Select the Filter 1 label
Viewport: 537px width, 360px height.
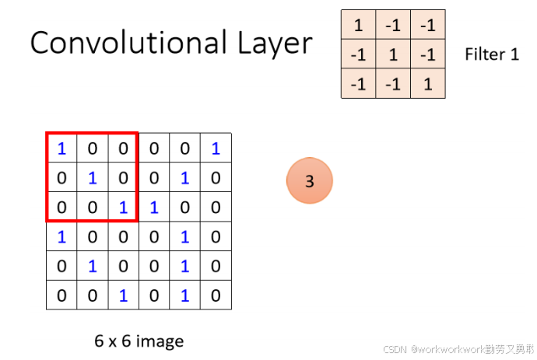click(x=491, y=54)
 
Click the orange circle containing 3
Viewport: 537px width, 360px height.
click(x=309, y=181)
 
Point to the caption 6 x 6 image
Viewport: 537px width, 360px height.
click(x=139, y=341)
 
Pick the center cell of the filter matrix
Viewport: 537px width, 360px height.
click(x=394, y=54)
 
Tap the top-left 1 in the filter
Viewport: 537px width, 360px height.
click(x=358, y=25)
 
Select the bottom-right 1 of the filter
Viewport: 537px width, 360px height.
click(x=428, y=83)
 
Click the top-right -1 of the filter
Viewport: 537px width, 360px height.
click(x=428, y=25)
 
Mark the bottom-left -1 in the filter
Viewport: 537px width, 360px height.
click(x=358, y=83)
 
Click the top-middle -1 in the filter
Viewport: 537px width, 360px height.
click(x=394, y=25)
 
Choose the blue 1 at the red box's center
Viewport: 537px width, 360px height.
click(x=92, y=178)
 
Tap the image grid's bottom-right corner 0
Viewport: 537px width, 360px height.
click(x=216, y=295)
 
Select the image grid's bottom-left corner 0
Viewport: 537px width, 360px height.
click(x=61, y=295)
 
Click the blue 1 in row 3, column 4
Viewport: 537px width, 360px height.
click(x=154, y=208)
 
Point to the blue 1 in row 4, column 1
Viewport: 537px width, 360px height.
click(x=61, y=237)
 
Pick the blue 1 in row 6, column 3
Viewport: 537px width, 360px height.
click(x=123, y=295)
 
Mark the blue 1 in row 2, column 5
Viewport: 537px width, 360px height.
click(x=184, y=178)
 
